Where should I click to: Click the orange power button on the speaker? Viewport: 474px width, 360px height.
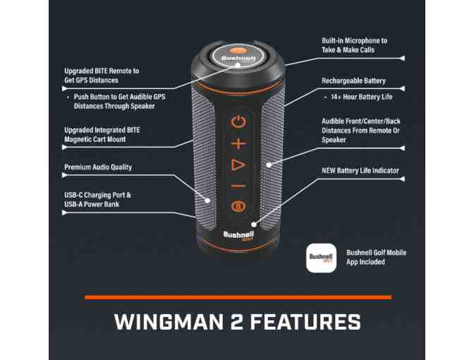(x=238, y=121)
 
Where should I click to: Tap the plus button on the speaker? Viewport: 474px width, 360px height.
(x=238, y=143)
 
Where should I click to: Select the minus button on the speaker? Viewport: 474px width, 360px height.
(x=238, y=186)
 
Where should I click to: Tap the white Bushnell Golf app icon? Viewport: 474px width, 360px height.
(x=321, y=258)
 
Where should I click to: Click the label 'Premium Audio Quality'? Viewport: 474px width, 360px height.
(x=98, y=167)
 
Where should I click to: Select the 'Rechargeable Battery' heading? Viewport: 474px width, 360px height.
(x=353, y=81)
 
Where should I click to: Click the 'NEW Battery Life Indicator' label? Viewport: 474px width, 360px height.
(x=360, y=171)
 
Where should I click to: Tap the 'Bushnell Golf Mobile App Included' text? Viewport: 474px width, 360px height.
(x=376, y=257)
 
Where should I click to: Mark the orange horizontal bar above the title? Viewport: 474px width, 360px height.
(x=238, y=297)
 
